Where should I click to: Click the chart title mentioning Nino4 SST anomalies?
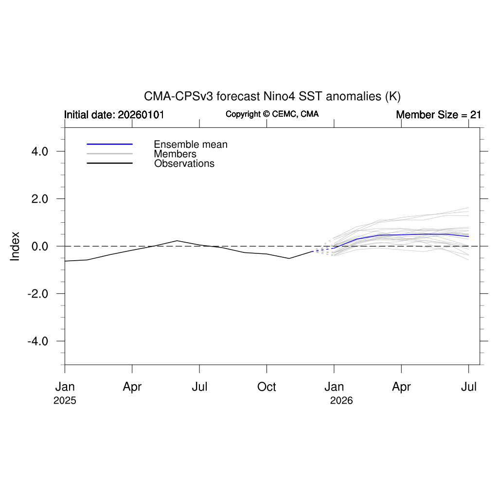(x=272, y=96)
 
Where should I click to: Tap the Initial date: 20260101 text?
(x=114, y=115)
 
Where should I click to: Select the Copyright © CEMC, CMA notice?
(x=272, y=114)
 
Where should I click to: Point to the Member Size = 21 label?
(x=438, y=115)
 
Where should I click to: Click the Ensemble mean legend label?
(x=191, y=144)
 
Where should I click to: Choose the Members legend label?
(x=175, y=154)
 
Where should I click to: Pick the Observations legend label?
(x=184, y=163)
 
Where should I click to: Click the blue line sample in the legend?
(x=109, y=144)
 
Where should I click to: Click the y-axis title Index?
(x=15, y=246)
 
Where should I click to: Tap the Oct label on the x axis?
(x=267, y=387)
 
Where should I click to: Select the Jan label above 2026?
(x=334, y=387)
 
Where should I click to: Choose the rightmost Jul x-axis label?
(x=469, y=387)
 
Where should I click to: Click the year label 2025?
(x=65, y=401)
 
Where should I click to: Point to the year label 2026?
(x=341, y=401)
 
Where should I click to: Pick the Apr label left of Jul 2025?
(x=132, y=387)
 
